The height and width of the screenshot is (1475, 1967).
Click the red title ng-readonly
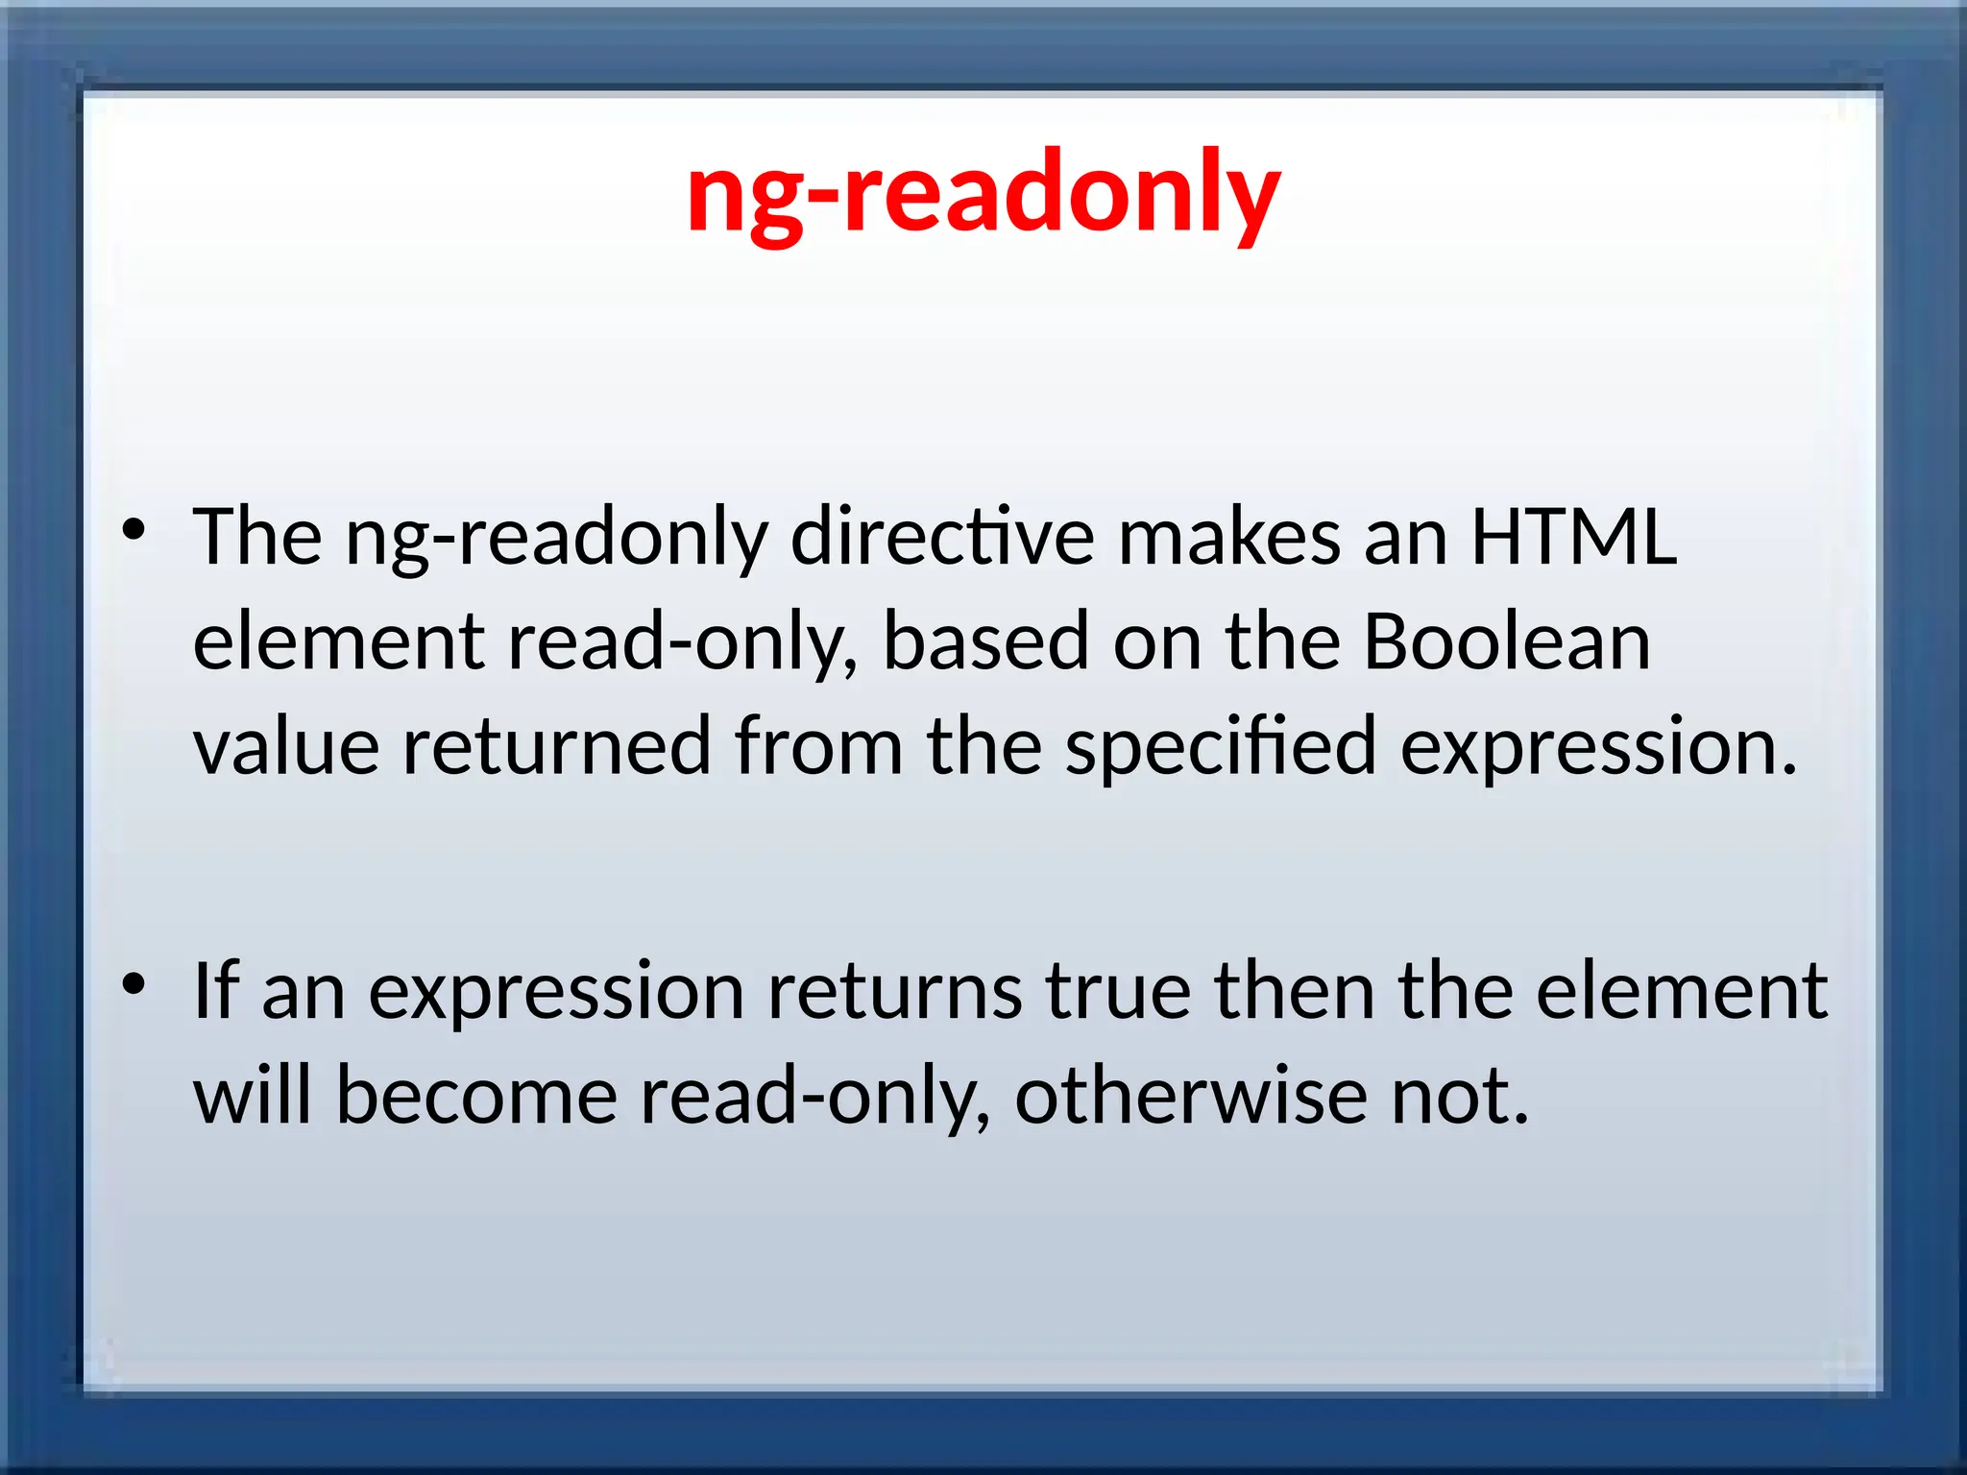(983, 195)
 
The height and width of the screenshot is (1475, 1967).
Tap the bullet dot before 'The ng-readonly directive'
(134, 529)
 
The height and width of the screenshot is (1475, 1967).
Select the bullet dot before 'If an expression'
(134, 983)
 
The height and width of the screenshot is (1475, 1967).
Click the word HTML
(1573, 538)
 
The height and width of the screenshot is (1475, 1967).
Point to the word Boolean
(1506, 641)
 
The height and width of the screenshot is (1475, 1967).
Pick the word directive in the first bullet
(941, 538)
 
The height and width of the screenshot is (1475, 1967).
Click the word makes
(1228, 538)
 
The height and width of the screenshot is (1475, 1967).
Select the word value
(286, 746)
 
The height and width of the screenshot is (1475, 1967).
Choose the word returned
(556, 746)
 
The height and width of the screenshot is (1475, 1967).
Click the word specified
(1221, 746)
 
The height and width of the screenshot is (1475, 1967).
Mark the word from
(818, 746)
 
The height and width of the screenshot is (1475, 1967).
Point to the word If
(215, 991)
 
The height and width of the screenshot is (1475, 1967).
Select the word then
(1295, 991)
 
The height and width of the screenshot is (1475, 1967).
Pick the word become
(476, 1096)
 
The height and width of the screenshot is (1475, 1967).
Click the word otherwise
(1191, 1096)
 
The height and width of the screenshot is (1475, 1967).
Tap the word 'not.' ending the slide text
(1460, 1096)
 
